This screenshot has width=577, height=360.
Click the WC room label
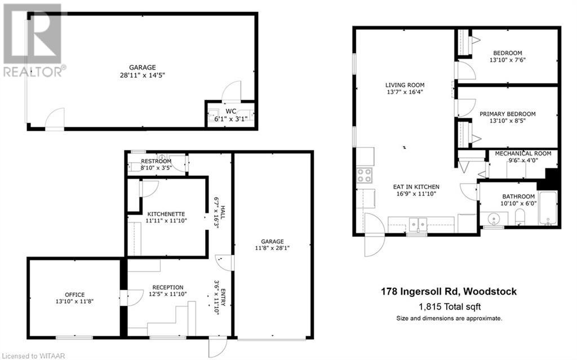point(230,111)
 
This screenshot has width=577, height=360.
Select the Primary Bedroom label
point(507,114)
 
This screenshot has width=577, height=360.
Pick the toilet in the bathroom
point(520,217)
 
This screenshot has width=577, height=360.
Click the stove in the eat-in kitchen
point(365,175)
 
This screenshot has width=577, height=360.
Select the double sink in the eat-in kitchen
point(417,224)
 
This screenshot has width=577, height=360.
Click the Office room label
point(74,295)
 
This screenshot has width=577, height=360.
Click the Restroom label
point(154,160)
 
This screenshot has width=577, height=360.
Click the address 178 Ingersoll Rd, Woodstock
point(449,292)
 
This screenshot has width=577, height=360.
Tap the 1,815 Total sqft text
point(449,307)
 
